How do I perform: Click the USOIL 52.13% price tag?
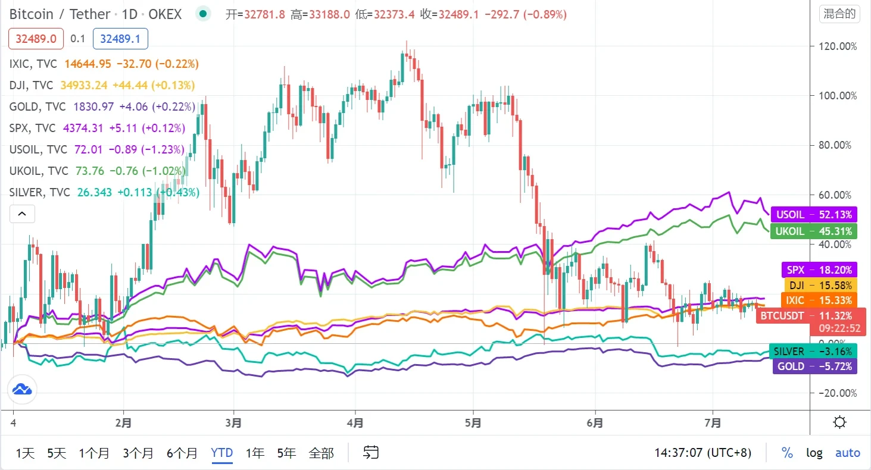pos(813,214)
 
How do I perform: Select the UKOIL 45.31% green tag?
pos(813,231)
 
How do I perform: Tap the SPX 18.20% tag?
pos(819,270)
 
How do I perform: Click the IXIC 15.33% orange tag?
pos(819,300)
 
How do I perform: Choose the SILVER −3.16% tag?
pos(813,351)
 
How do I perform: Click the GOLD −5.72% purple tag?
pos(814,366)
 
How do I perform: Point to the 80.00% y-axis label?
pos(837,145)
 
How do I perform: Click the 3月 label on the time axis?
pos(233,423)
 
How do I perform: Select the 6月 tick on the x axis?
pos(594,423)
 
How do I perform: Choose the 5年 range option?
pos(286,453)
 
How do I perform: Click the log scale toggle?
pos(814,453)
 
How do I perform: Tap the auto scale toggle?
pos(847,453)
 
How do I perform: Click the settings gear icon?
pos(840,423)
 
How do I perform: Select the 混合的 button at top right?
pos(839,14)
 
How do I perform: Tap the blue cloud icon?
pos(22,390)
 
